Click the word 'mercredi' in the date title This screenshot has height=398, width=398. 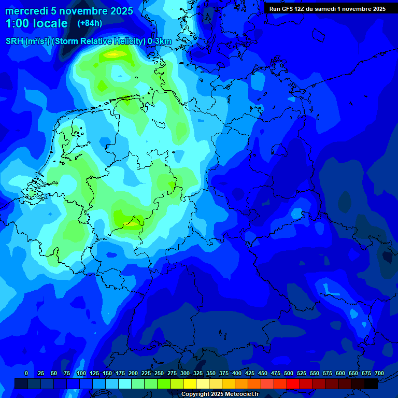coord(26,11)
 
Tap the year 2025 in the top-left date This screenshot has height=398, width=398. coord(121,11)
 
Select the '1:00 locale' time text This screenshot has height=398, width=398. coord(36,23)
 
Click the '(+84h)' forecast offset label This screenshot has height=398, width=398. coord(90,23)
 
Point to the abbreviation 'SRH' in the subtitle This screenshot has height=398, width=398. coord(14,41)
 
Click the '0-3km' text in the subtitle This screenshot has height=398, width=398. coord(160,41)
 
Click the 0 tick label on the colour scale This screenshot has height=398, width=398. coord(26,373)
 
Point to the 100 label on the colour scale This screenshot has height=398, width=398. coord(81,373)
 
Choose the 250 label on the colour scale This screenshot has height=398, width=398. coord(159,373)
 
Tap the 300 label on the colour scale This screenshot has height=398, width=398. coord(184,373)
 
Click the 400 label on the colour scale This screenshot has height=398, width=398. coord(236,373)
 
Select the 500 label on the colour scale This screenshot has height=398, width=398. coord(288,373)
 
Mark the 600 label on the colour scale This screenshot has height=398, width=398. coord(340,373)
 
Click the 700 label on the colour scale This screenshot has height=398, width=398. coord(379,373)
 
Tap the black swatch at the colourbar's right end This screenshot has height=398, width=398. coord(371,384)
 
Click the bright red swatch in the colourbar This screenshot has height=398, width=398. coord(293,384)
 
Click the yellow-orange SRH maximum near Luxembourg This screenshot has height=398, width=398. coord(132,223)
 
